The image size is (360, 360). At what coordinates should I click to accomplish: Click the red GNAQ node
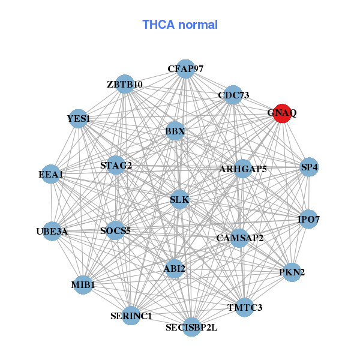pos(282,113)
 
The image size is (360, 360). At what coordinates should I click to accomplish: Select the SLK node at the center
pos(179,199)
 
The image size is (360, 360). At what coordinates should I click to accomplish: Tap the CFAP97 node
pos(185,69)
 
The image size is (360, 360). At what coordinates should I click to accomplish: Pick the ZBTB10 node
pos(125,84)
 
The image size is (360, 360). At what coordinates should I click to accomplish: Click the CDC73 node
pos(233,95)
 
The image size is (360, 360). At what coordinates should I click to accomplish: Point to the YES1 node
pos(79,119)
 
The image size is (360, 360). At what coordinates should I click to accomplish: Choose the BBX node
pos(175,131)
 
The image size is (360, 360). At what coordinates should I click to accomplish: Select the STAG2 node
pos(116,165)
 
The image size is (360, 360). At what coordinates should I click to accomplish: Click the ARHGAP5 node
pos(243,169)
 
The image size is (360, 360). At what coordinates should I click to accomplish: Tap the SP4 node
pos(309,167)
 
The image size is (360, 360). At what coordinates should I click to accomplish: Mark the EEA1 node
pos(51,175)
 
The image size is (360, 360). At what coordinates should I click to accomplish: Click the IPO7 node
pos(308,220)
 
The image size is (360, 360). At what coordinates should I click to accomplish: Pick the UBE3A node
pos(52,231)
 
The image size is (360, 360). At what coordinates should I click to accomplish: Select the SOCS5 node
pos(115,230)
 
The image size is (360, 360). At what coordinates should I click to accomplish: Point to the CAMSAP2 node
pos(240,238)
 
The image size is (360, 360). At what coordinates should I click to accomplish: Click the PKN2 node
pos(292,272)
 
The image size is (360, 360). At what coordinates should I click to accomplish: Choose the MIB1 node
pos(83,284)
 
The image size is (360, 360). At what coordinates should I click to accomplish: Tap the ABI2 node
pos(175,269)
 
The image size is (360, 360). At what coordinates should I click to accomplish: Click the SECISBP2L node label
pos(191,328)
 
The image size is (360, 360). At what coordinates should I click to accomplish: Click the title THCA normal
pos(180,25)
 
